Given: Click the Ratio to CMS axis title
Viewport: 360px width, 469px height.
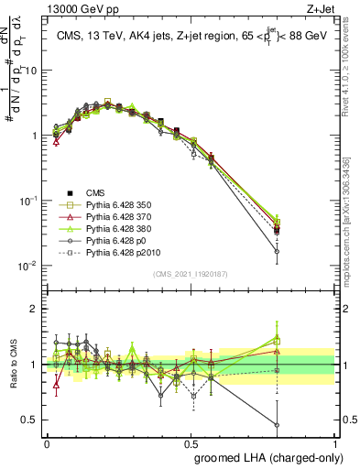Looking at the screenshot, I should pos(12,364).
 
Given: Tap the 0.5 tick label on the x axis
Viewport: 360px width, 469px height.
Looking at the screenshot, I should pos(191,442).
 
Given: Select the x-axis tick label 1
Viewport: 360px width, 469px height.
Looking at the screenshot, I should pos(335,442).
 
